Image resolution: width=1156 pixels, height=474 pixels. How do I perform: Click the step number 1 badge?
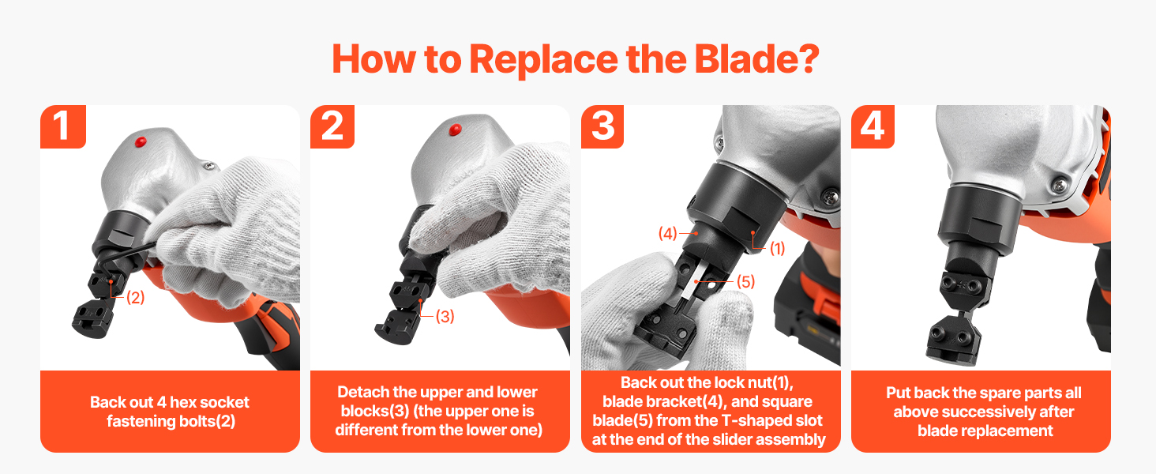[x=63, y=126]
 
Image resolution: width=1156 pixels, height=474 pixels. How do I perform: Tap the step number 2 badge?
[x=332, y=126]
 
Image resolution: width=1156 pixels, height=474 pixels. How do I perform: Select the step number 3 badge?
[x=602, y=126]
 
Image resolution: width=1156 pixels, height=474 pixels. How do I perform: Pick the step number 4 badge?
[x=873, y=126]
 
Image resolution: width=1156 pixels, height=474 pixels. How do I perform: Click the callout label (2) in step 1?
[x=135, y=297]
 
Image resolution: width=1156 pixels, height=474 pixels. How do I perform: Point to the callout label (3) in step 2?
[x=445, y=316]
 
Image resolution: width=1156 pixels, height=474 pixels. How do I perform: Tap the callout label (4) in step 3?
[x=667, y=233]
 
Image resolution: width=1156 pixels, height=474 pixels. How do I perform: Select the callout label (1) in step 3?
[x=777, y=248]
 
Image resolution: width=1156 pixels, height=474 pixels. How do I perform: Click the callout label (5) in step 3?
[x=745, y=281]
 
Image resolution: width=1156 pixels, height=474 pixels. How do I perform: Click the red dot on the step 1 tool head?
[x=141, y=141]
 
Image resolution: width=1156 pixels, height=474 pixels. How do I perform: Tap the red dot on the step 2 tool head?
[x=455, y=130]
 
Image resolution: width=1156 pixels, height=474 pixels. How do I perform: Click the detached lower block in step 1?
[x=93, y=319]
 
